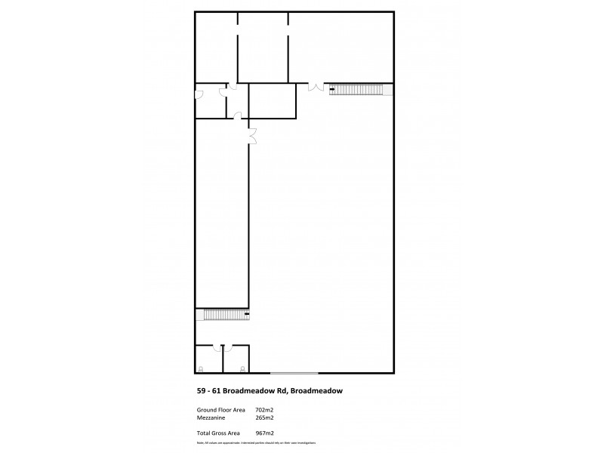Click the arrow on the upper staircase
click(x=333, y=90)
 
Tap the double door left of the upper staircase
click(x=315, y=88)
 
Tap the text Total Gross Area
click(x=220, y=433)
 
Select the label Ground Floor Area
click(x=220, y=409)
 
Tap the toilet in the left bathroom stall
click(x=200, y=368)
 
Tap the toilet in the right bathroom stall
click(x=242, y=368)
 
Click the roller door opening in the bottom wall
click(x=294, y=373)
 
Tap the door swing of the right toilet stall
click(x=226, y=348)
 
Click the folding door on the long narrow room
click(x=252, y=135)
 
